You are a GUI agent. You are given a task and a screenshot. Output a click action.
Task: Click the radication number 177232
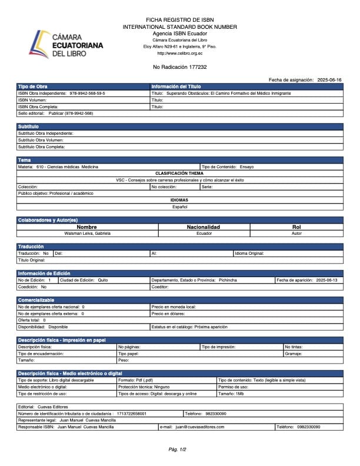[196, 67]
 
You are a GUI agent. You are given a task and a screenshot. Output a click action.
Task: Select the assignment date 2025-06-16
[329, 79]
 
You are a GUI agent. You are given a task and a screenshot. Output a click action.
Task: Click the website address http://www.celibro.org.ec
[179, 54]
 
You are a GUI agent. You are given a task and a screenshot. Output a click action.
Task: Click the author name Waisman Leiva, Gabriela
[86, 233]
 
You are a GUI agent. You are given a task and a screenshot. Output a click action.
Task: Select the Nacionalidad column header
[203, 227]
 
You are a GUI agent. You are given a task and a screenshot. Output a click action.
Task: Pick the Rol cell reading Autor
[296, 233]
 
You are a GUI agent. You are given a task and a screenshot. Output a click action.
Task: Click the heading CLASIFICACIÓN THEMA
[179, 173]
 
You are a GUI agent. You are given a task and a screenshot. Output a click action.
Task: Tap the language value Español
[179, 207]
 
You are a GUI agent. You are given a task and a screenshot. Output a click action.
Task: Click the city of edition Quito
[103, 280]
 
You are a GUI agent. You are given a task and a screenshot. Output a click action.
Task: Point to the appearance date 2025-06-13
[326, 280]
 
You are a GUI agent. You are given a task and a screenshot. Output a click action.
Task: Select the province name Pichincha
[228, 280]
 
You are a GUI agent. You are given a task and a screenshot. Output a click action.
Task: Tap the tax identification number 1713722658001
[132, 414]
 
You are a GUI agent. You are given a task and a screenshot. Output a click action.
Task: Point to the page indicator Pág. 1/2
[177, 450]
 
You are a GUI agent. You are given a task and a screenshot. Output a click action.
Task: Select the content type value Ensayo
[247, 167]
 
